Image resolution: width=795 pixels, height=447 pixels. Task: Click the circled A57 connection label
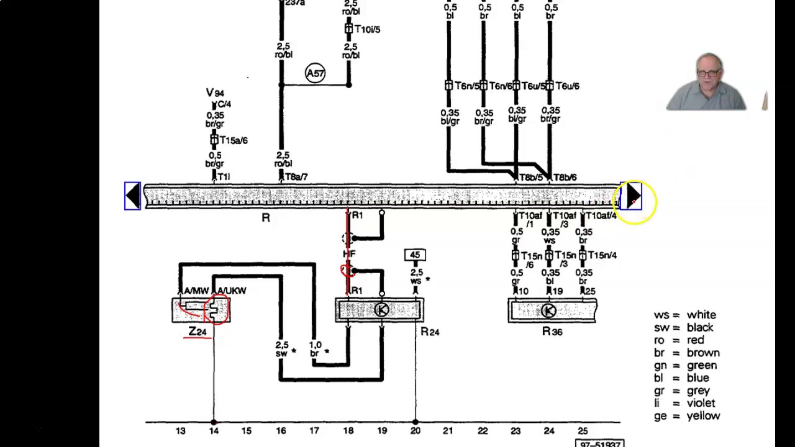click(x=315, y=73)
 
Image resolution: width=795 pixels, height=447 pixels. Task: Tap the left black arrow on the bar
click(x=132, y=196)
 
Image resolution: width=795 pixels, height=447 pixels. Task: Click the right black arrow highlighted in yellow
click(x=632, y=196)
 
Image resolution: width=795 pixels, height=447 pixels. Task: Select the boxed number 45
click(x=414, y=255)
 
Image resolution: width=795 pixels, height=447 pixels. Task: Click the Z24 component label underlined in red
click(x=198, y=332)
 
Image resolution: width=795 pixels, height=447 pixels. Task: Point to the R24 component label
click(x=430, y=332)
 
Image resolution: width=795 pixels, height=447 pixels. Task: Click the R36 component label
click(x=552, y=332)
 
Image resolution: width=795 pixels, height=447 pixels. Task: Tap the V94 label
click(x=215, y=93)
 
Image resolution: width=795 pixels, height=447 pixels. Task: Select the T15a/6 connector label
click(x=233, y=140)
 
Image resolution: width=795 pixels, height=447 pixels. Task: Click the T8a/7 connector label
click(x=296, y=177)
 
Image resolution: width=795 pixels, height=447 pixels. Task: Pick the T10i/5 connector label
click(x=366, y=29)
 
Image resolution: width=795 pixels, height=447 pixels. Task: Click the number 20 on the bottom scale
click(x=415, y=431)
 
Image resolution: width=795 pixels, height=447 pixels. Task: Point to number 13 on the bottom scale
click(x=180, y=431)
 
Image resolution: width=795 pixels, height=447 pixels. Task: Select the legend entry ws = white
click(x=684, y=315)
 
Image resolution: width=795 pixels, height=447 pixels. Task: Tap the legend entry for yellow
click(x=686, y=416)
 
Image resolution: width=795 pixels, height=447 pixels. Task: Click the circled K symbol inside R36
click(x=548, y=310)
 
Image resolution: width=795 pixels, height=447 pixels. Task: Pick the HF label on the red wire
click(x=349, y=254)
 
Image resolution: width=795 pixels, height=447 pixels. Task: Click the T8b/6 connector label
click(x=565, y=178)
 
